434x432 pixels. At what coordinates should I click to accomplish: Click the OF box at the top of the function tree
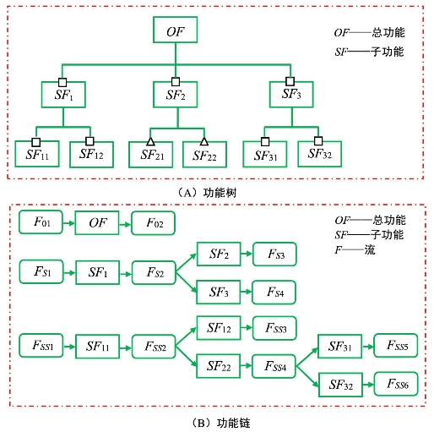(175, 30)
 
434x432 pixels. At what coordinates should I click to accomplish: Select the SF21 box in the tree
(151, 155)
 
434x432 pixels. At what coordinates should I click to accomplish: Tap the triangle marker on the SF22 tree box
(204, 141)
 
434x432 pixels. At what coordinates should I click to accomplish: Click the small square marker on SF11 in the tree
(36, 142)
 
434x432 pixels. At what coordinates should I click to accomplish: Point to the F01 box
(41, 222)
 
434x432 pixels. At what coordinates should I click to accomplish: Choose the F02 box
(154, 223)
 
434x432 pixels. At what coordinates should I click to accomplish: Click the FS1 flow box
(41, 271)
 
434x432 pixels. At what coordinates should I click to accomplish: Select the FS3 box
(274, 254)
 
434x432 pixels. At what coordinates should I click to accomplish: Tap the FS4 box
(274, 293)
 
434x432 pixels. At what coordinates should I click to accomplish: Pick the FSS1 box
(41, 346)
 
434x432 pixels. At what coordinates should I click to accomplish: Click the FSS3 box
(274, 328)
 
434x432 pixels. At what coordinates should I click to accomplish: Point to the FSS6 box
(396, 384)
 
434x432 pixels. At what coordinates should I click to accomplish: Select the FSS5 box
(396, 346)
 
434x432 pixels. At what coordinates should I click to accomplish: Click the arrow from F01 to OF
(69, 223)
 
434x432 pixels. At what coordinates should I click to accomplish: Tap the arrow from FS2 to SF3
(186, 282)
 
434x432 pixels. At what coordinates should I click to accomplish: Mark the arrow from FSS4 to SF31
(307, 357)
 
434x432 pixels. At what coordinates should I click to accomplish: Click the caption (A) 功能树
(207, 193)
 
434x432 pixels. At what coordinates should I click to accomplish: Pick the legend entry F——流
(355, 250)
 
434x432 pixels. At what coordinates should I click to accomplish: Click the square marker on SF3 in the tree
(290, 81)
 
